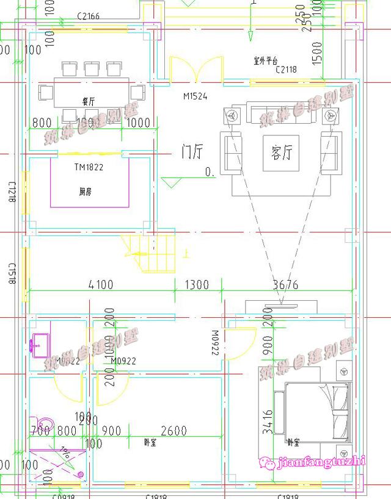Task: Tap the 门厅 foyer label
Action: (191, 151)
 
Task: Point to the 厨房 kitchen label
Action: (86, 192)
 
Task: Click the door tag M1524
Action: (195, 96)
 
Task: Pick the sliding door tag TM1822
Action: (89, 167)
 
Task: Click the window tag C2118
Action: (286, 70)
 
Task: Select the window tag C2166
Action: (89, 16)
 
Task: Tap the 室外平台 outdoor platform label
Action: (266, 61)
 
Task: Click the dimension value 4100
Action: (101, 284)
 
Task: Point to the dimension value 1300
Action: (196, 284)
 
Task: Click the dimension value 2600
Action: (174, 431)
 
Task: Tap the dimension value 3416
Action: (268, 421)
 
